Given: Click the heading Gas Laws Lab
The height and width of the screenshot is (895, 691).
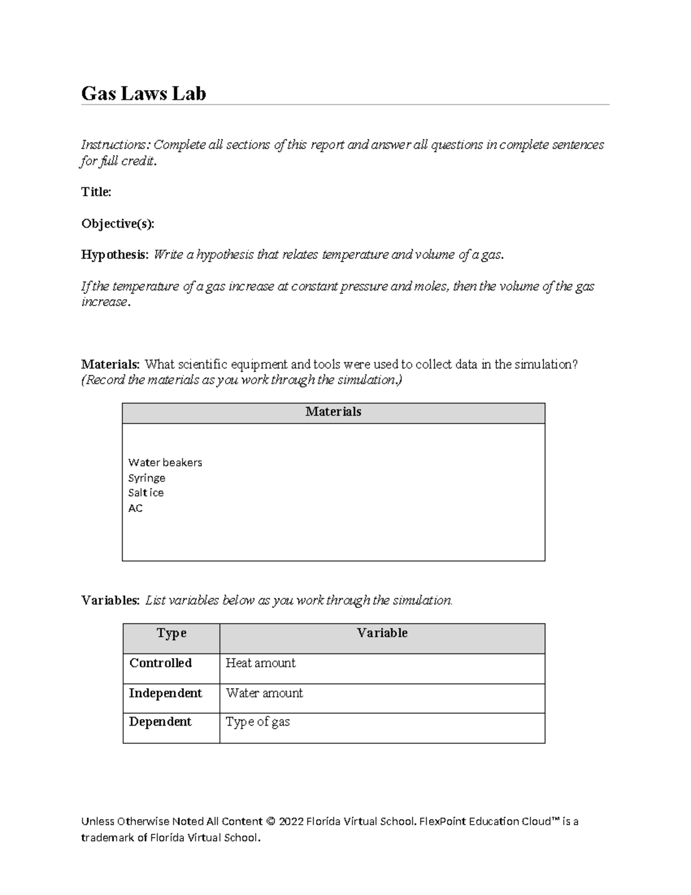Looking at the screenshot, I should click(x=143, y=93).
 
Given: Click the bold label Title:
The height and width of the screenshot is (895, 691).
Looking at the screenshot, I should click(x=96, y=192).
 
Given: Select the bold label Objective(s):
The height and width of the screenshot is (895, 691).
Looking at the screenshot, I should click(x=117, y=224).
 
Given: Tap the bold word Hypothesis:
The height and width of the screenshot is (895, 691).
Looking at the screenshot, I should click(x=115, y=255).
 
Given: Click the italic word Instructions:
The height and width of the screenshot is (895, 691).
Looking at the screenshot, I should click(x=115, y=145).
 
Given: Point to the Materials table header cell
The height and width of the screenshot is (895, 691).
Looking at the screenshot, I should click(x=333, y=412).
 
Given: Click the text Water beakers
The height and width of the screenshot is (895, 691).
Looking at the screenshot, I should click(x=165, y=463).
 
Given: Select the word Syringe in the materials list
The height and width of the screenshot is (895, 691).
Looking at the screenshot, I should click(x=147, y=478).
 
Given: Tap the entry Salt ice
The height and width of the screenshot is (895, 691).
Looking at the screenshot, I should click(x=146, y=493).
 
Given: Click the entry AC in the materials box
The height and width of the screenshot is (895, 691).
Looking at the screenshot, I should click(x=135, y=508).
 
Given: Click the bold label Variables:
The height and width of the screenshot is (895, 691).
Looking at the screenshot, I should click(x=110, y=601).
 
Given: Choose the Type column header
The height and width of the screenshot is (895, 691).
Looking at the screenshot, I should click(x=172, y=633).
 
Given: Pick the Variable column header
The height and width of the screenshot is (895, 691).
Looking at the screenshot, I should click(x=382, y=633).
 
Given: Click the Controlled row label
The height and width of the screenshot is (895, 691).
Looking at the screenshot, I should click(x=161, y=663).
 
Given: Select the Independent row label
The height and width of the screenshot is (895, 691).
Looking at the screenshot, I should click(x=165, y=693).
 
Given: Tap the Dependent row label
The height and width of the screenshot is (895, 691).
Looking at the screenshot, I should click(x=160, y=722).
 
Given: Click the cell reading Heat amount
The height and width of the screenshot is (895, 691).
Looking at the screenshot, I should click(x=260, y=663).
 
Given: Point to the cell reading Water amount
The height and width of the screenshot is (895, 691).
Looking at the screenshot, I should click(x=264, y=693).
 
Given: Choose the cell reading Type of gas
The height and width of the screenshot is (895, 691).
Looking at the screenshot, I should click(x=257, y=722).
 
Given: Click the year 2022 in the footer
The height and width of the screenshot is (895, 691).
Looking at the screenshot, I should click(x=291, y=822).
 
